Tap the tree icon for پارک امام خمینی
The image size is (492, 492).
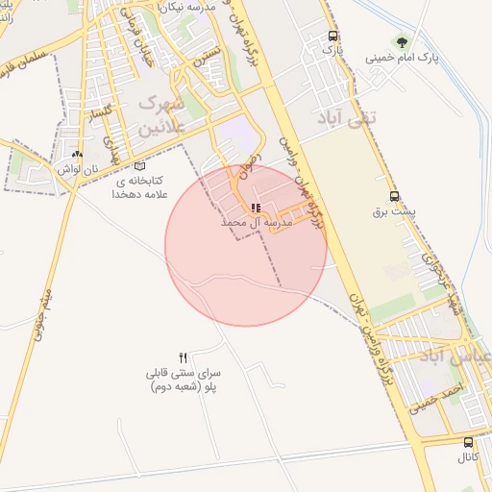[401, 42]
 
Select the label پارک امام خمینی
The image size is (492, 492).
[402, 58]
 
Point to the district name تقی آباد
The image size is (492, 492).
[349, 117]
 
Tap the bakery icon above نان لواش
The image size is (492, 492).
[77, 154]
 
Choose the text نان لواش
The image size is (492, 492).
[77, 168]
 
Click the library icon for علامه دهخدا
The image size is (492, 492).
[140, 165]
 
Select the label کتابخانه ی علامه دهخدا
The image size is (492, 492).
[142, 186]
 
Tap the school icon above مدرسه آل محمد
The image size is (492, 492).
[255, 208]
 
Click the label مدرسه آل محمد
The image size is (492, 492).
[255, 222]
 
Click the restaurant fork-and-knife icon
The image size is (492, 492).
[184, 357]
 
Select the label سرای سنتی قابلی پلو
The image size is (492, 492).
[184, 379]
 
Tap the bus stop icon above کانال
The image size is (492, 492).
[468, 442]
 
